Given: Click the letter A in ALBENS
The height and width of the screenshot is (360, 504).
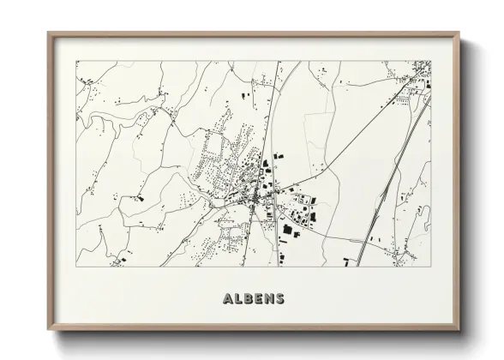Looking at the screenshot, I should click(x=226, y=299).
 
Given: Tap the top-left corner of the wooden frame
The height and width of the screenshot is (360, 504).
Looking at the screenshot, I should click(x=48, y=33).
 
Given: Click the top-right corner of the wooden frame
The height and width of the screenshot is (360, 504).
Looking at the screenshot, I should click(x=459, y=33).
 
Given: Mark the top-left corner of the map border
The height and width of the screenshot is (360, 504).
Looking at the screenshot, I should click(x=76, y=61).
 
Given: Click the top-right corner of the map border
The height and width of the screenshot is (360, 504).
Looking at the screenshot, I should click(x=431, y=61).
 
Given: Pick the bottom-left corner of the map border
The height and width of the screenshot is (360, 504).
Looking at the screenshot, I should click(x=76, y=267).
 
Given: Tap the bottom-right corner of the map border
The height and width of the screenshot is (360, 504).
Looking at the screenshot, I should click(x=431, y=267).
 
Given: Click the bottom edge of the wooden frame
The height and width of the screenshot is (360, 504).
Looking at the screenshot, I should click(x=254, y=328).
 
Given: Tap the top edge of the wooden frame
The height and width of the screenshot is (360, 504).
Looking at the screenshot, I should click(x=254, y=34).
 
